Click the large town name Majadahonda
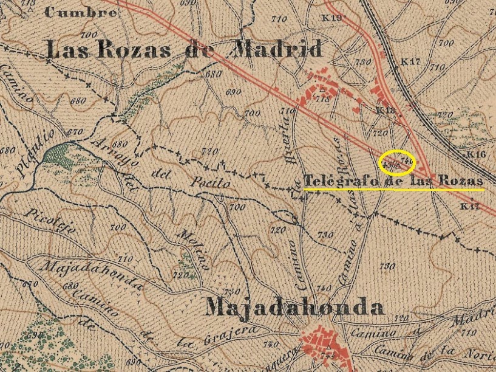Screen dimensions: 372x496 point(295,308)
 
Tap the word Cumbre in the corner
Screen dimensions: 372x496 point(81,12)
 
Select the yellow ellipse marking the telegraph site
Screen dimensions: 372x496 point(396,162)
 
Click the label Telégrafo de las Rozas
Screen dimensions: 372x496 point(393,181)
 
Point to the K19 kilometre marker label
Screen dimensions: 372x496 point(331,18)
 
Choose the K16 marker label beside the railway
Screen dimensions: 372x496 point(477,155)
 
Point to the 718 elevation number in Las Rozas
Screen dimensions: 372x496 point(322,98)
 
